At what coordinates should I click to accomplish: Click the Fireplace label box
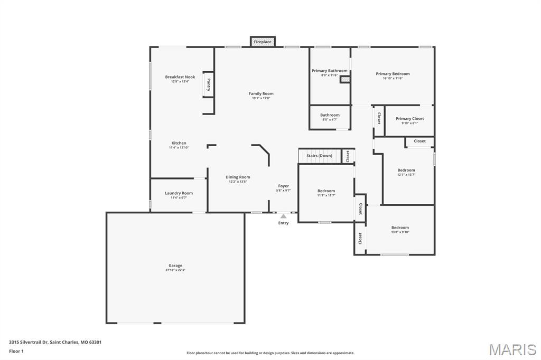(x=263, y=42)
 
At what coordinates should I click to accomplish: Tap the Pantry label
(x=208, y=85)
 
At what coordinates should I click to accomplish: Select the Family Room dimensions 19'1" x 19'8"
(x=261, y=98)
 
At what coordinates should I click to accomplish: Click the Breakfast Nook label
(x=180, y=77)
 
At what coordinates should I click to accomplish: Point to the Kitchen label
(x=179, y=143)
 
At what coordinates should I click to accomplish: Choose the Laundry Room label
(x=179, y=193)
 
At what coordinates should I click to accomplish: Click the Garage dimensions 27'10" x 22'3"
(x=175, y=270)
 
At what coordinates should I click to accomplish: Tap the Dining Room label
(x=238, y=177)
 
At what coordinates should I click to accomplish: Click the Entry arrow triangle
(x=284, y=216)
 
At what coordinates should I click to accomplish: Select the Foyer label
(x=284, y=186)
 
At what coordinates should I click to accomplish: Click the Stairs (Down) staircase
(x=319, y=156)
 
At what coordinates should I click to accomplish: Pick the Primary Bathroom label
(x=329, y=71)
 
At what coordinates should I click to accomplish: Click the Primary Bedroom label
(x=393, y=74)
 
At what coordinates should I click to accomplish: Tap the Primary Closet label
(x=409, y=119)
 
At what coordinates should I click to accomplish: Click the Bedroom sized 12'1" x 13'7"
(x=406, y=170)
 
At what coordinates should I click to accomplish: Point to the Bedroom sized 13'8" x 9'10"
(x=400, y=228)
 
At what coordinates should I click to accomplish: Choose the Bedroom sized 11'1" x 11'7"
(x=326, y=191)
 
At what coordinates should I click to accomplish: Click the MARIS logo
(x=512, y=349)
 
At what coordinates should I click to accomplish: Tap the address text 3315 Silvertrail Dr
(x=29, y=342)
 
